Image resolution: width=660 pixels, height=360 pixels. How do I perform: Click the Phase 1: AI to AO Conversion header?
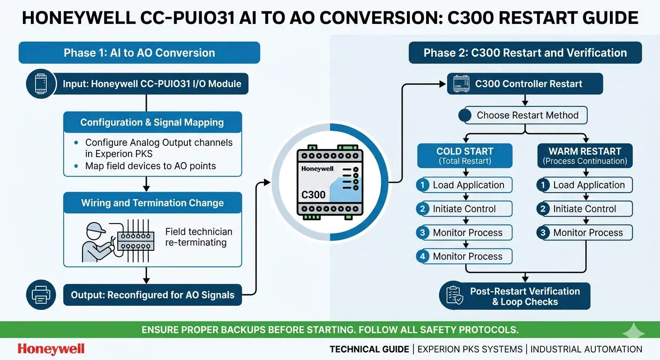tap(139, 53)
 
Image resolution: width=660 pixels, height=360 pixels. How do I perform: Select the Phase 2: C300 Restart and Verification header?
tap(525, 53)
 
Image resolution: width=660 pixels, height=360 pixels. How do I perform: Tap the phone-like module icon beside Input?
tap(41, 84)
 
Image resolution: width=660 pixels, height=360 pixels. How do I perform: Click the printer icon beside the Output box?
tap(41, 294)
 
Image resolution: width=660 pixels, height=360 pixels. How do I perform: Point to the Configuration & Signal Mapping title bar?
tap(152, 122)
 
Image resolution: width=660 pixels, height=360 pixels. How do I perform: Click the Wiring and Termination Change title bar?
tap(152, 203)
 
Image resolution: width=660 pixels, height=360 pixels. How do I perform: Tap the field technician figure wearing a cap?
tap(96, 241)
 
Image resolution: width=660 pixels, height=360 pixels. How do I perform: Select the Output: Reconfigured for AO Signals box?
tap(152, 295)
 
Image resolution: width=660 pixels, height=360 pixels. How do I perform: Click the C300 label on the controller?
tap(313, 195)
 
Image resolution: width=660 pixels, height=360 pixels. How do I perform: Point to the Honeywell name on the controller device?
tap(317, 168)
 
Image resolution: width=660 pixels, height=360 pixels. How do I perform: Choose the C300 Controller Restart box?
tap(525, 84)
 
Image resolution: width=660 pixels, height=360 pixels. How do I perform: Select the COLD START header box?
tap(465, 156)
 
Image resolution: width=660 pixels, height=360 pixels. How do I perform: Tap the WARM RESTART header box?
tap(585, 156)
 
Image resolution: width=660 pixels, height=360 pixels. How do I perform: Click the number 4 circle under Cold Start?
tap(423, 256)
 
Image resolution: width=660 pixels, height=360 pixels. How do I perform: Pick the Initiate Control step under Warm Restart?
tap(584, 209)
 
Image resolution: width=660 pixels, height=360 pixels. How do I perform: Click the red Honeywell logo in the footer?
tap(51, 349)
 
